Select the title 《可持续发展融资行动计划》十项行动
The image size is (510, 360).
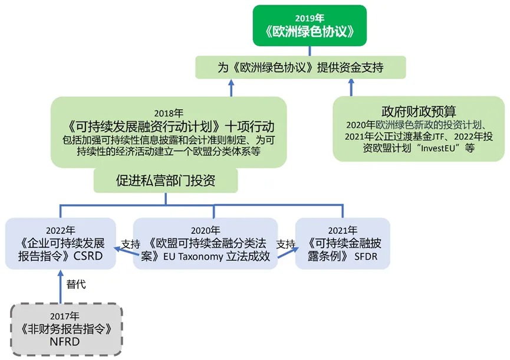click(x=169, y=127)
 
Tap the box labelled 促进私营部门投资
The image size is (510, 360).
click(x=166, y=181)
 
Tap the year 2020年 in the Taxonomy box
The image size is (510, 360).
click(x=205, y=230)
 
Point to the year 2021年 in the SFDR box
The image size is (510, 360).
click(x=343, y=230)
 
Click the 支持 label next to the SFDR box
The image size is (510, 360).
click(x=285, y=244)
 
